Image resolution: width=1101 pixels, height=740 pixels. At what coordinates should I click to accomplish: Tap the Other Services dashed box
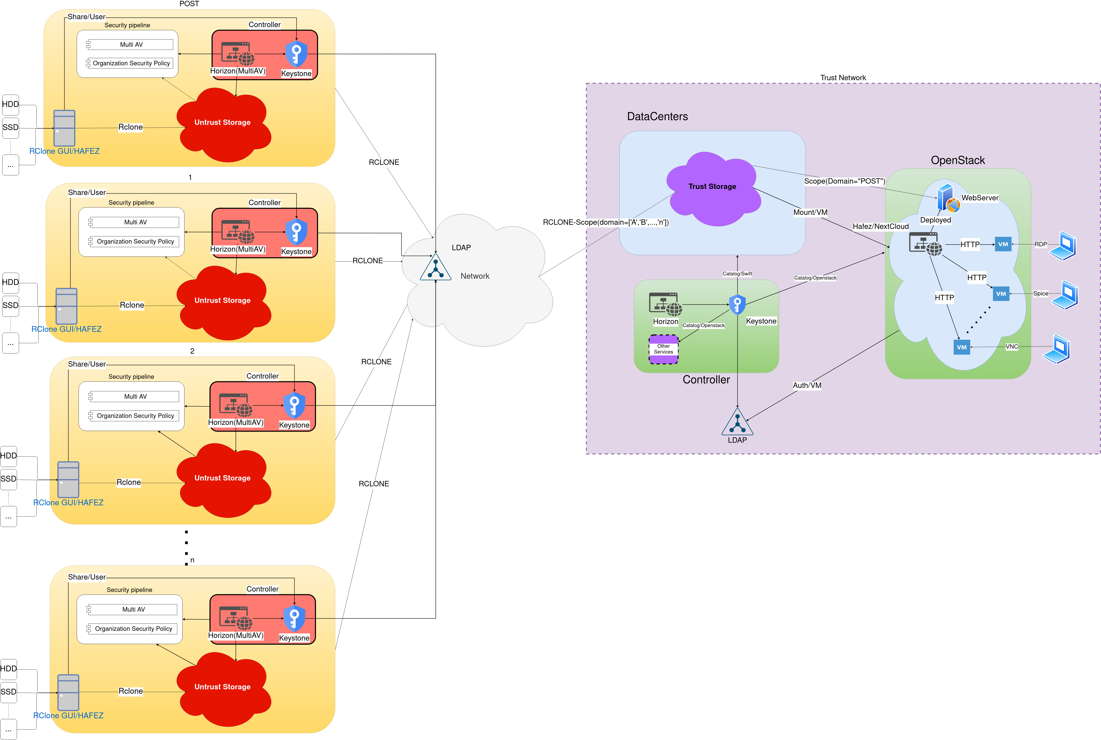[x=664, y=349]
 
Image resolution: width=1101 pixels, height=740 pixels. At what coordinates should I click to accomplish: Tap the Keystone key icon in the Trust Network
[x=737, y=304]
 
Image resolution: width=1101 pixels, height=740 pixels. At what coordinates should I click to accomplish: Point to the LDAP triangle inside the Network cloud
[x=435, y=268]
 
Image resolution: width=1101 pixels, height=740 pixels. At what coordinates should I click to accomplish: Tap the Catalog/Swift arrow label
[x=737, y=274]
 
